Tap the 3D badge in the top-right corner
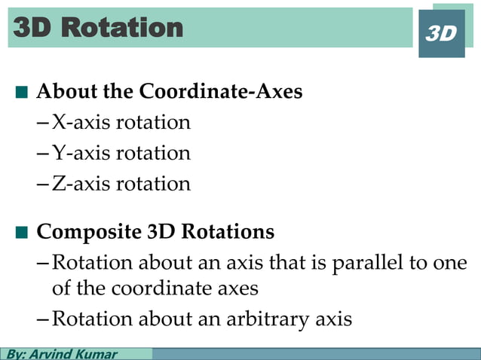[442, 34]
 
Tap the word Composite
[83, 230]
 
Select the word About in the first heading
[62, 92]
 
